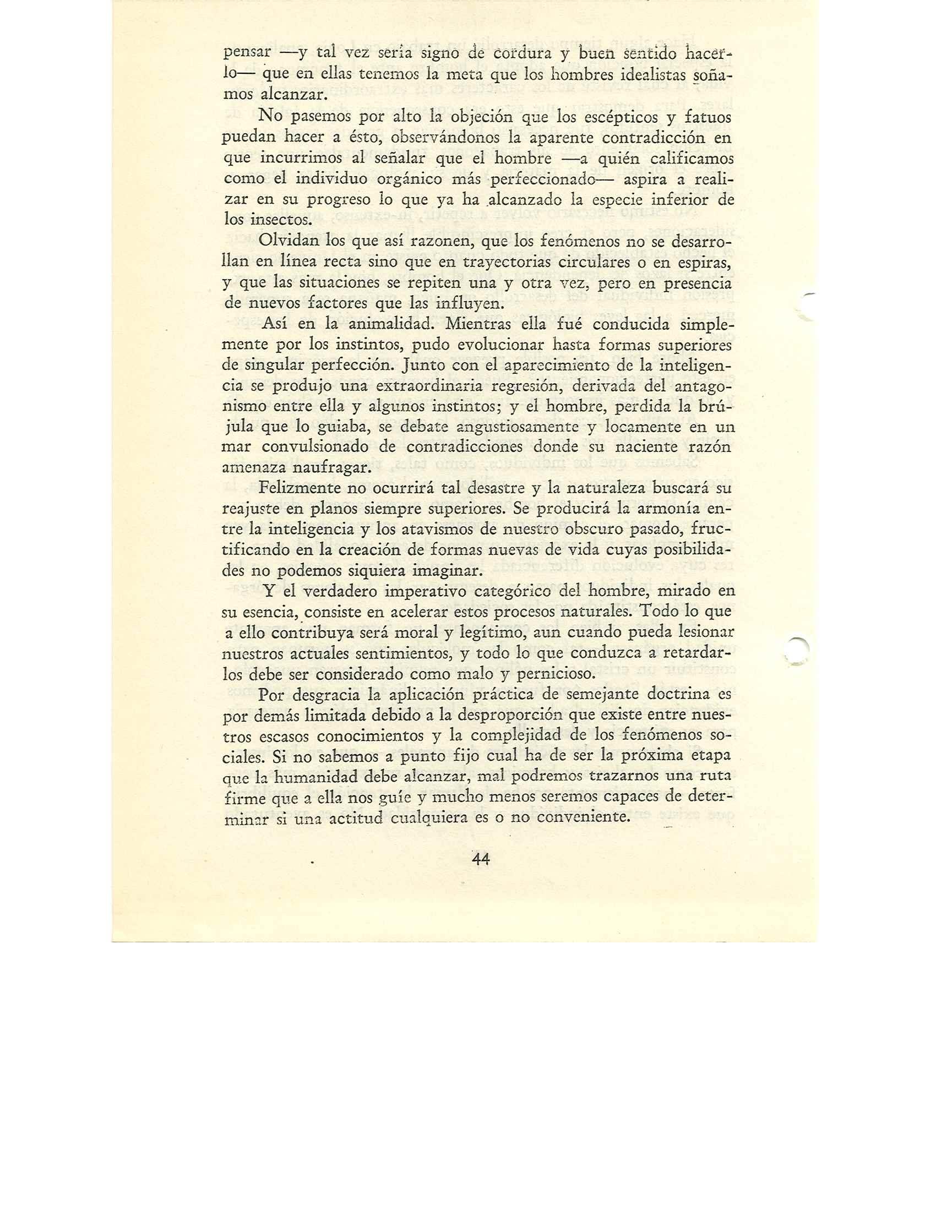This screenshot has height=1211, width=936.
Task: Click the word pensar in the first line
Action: click(x=246, y=54)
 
